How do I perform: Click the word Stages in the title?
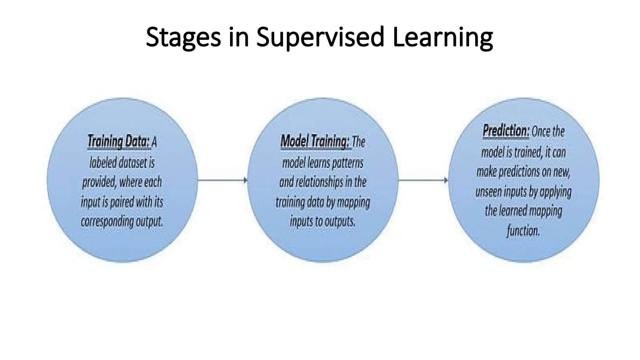click(183, 37)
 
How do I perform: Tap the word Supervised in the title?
click(320, 37)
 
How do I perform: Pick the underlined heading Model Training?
click(314, 142)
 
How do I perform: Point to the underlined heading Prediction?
click(506, 131)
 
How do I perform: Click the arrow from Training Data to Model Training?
click(222, 180)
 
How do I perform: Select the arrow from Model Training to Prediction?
click(423, 180)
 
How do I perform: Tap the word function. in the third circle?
click(523, 231)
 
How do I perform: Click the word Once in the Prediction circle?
click(541, 131)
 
